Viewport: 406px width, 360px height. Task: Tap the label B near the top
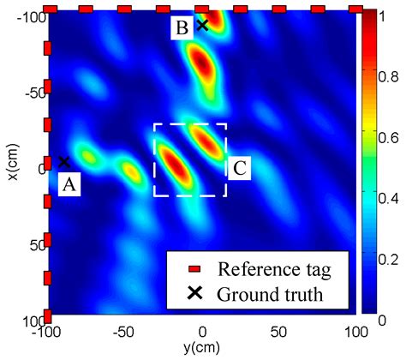pos(182,28)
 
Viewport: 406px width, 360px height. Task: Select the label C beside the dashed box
pos(240,169)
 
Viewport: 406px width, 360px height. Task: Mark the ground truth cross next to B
pos(203,25)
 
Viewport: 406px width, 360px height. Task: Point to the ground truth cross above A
pos(64,161)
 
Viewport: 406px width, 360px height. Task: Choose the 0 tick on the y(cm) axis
pos(202,330)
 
